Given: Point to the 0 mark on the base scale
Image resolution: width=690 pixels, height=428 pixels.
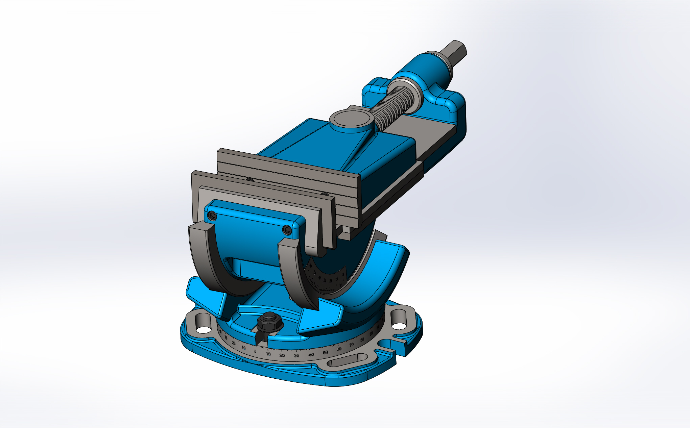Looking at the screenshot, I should coord(255,351).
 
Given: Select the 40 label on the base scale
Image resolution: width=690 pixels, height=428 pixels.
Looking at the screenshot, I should coord(311,354).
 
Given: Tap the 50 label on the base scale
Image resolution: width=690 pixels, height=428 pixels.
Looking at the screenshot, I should coord(326,352).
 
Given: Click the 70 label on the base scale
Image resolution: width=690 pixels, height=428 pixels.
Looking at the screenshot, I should coord(352,345).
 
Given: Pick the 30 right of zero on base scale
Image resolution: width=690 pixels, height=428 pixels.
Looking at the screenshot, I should coord(296,355).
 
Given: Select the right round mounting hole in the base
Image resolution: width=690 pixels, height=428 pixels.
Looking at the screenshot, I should coord(399,326).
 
